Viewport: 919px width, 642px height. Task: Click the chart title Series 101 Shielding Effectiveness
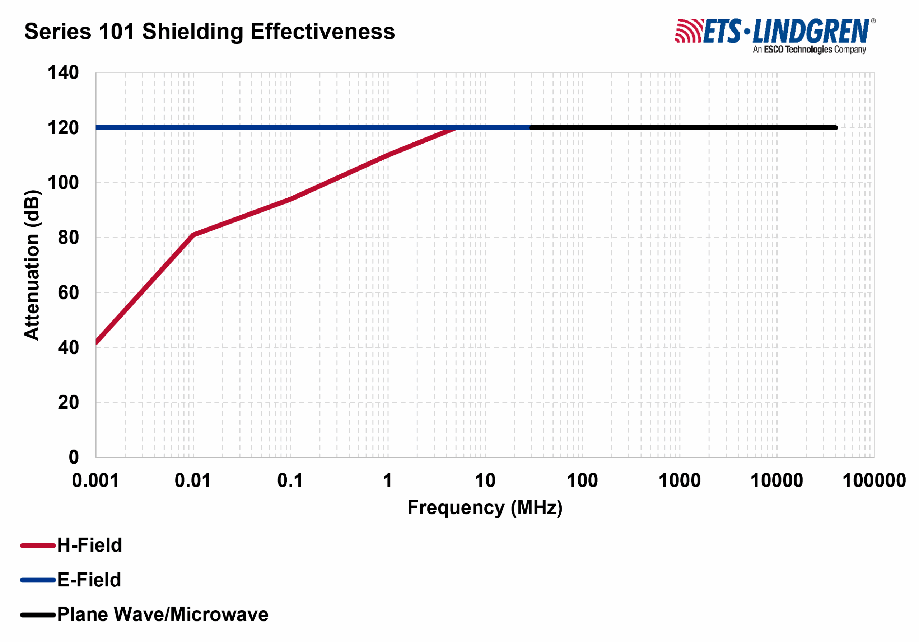coord(209,32)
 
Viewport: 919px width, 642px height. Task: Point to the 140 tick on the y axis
coord(63,73)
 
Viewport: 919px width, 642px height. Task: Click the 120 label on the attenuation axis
coord(63,128)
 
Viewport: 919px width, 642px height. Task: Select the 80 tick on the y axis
coord(69,238)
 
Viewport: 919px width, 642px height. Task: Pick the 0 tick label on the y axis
coord(74,457)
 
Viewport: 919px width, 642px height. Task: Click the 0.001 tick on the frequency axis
coord(95,481)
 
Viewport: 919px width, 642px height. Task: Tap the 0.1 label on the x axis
coord(290,481)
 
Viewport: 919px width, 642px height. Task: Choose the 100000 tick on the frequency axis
coord(874,481)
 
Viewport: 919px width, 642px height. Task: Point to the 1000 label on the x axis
coord(680,481)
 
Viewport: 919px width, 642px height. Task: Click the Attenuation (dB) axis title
coord(32,265)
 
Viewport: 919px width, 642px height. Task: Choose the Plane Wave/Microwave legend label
coord(163,615)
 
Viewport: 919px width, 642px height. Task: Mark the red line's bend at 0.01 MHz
coord(193,235)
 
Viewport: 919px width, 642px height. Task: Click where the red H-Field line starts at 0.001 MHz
coord(97,342)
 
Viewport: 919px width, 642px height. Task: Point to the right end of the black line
coord(836,128)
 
